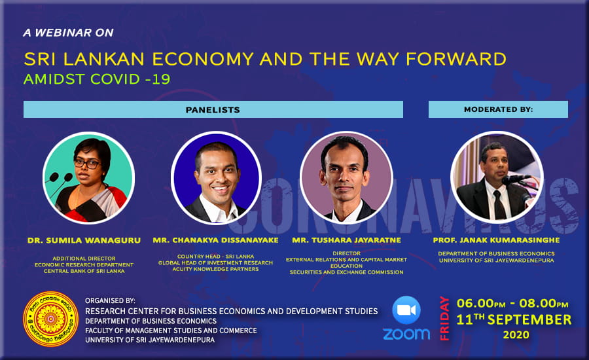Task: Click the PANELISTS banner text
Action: coord(213,110)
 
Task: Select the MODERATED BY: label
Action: coord(499,109)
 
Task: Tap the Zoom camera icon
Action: coord(406,310)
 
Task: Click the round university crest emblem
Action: coord(50,319)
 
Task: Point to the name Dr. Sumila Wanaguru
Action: coord(84,240)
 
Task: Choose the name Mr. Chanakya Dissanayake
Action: coord(215,240)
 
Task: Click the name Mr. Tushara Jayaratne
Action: coord(346,240)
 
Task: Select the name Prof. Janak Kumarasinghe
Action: coord(496,240)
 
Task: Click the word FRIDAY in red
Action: coord(445,318)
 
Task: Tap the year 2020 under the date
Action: coord(516,334)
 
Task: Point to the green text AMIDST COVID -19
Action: coord(97,79)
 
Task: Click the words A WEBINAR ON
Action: coord(68,33)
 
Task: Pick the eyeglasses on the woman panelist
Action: coord(87,164)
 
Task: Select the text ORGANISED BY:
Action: coord(110,300)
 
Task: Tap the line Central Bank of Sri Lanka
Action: coord(84,271)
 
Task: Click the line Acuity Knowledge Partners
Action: coord(215,269)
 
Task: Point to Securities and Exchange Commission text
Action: coord(346,272)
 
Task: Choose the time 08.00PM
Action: coord(544,303)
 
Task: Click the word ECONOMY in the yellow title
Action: coord(203,59)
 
